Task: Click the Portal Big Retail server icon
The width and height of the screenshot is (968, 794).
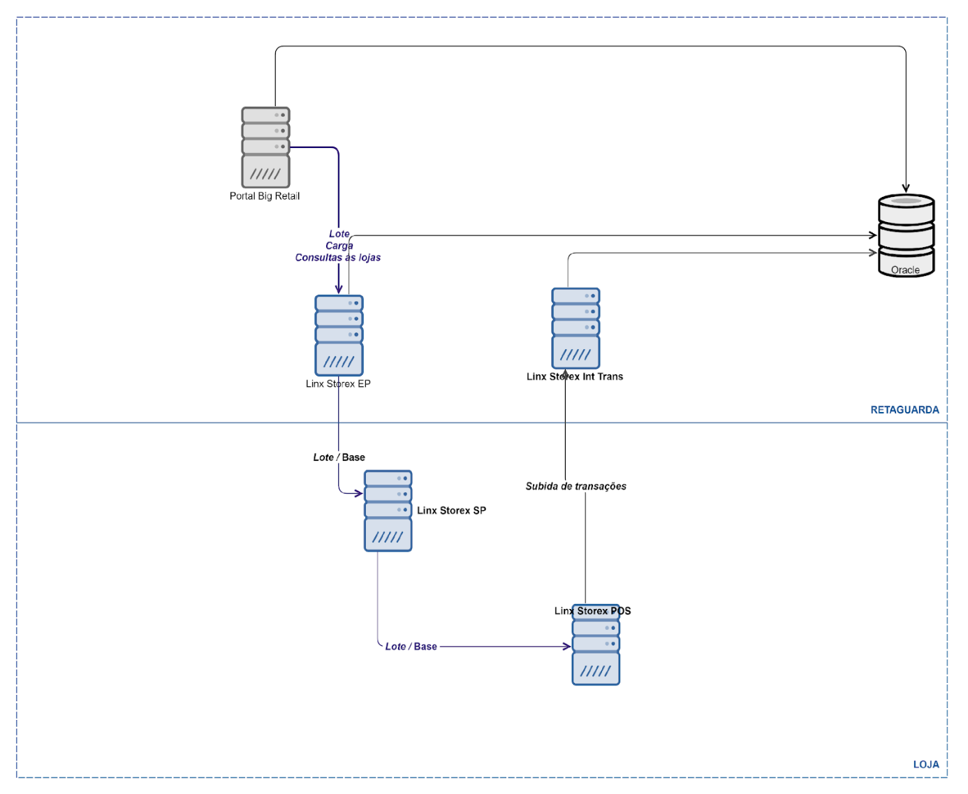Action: (x=265, y=147)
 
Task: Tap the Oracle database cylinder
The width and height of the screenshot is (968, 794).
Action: (x=906, y=235)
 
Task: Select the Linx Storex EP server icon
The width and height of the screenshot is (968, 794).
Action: (x=339, y=335)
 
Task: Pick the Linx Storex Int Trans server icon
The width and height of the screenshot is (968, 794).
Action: (x=575, y=328)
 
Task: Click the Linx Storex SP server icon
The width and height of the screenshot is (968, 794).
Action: (x=388, y=510)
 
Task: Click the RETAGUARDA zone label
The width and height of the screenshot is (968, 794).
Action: (x=904, y=410)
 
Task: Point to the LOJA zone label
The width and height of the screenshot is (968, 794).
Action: (x=926, y=765)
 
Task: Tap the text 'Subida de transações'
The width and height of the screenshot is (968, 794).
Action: (x=575, y=486)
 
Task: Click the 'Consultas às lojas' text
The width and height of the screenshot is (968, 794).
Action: (x=338, y=258)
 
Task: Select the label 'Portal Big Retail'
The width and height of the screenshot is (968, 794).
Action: (x=265, y=196)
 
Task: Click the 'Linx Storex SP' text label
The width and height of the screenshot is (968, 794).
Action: (x=451, y=510)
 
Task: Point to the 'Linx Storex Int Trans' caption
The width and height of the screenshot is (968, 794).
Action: (x=575, y=376)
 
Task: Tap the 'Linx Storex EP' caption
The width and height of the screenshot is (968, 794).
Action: (x=338, y=384)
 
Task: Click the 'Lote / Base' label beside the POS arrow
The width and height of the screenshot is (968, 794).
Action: (x=411, y=647)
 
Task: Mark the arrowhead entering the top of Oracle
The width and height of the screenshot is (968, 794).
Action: (x=906, y=189)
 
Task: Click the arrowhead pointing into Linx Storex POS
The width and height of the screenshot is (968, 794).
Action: (x=567, y=647)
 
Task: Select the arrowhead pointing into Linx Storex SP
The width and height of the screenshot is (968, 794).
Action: (x=359, y=494)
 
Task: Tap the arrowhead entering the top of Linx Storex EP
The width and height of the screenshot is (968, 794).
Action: (x=339, y=289)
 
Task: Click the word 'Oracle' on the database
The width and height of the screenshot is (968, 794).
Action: (x=905, y=270)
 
